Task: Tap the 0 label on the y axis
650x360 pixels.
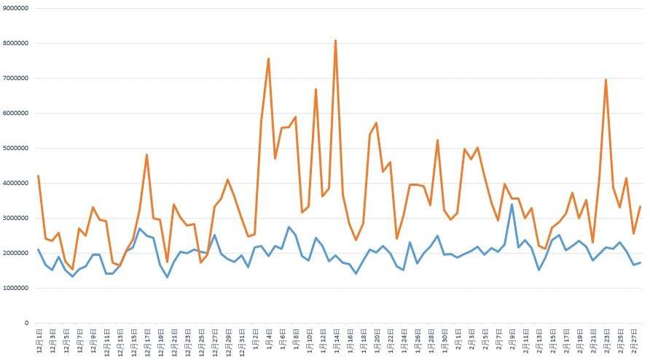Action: click(26, 323)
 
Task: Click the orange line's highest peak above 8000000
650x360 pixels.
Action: click(335, 41)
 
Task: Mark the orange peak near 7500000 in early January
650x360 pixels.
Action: click(268, 58)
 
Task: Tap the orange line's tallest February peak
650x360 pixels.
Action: click(606, 79)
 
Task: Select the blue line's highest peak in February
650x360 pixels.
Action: click(512, 204)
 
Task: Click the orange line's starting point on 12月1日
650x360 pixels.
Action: click(38, 176)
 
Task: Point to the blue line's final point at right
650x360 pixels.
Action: click(640, 262)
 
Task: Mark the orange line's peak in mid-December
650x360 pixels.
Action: click(146, 154)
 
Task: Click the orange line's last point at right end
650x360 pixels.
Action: click(640, 207)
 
